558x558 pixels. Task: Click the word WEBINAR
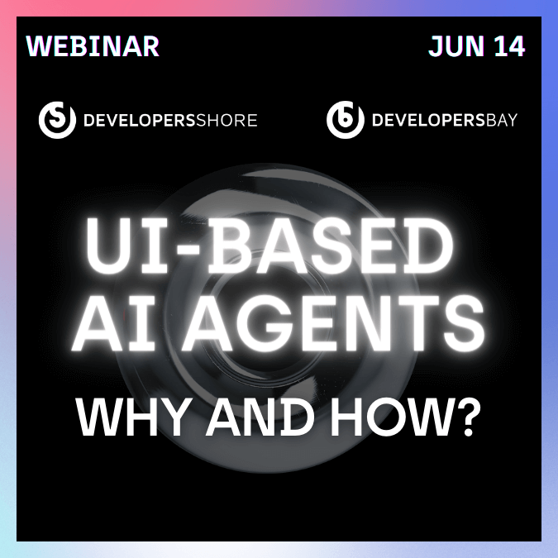pos(93,46)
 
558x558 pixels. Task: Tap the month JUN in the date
pos(456,46)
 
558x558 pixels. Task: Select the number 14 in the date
pos(509,46)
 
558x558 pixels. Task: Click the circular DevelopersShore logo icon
pos(57,120)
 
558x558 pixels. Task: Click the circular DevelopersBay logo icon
pos(346,120)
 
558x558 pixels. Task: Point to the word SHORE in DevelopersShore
pos(227,121)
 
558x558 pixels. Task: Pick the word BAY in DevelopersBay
pos(502,121)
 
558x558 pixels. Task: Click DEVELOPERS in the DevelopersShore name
pos(140,121)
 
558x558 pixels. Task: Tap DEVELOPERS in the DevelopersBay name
pos(428,121)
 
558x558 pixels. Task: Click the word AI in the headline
pos(114,323)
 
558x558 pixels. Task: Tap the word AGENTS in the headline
pos(333,323)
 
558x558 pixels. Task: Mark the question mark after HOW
pos(466,417)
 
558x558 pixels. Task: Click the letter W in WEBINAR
pos(38,46)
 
